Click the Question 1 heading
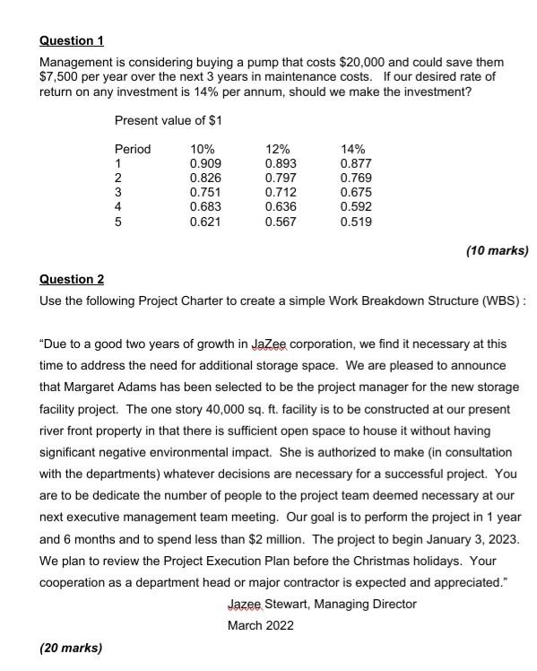point(72,40)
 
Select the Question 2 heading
point(72,279)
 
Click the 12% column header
point(279,149)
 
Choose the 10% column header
point(204,149)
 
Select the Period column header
point(133,149)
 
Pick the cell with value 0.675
point(356,192)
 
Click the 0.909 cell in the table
point(205,163)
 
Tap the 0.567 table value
point(281,222)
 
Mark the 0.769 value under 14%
point(356,178)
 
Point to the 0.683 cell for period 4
point(205,206)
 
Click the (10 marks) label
point(498,250)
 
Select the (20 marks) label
point(71,647)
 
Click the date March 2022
point(260,625)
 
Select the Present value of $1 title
point(169,120)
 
